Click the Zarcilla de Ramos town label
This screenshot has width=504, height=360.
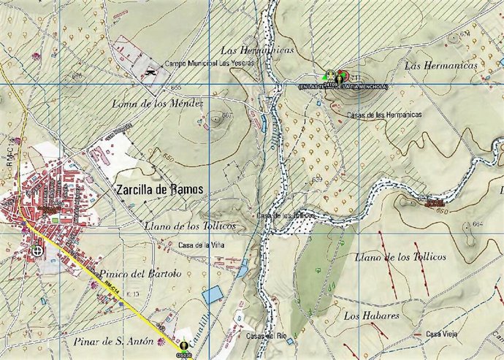click(x=159, y=188)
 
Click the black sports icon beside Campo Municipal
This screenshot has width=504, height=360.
click(x=151, y=71)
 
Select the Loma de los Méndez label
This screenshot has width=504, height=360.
click(x=156, y=104)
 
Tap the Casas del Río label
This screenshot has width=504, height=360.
click(x=265, y=336)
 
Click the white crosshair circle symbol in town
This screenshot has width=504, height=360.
click(x=37, y=251)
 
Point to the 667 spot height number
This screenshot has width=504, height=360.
click(x=227, y=115)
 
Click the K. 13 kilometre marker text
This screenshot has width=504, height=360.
click(x=132, y=293)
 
